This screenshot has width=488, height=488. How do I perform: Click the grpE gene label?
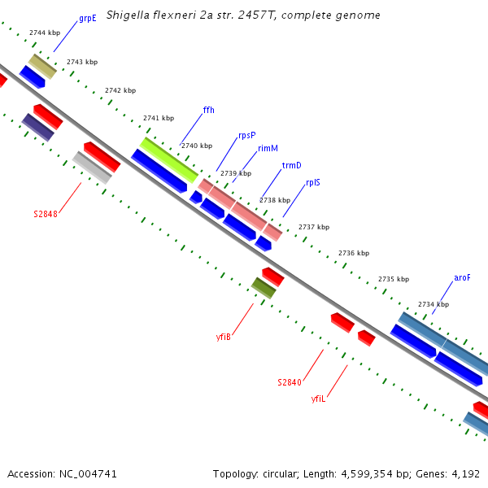click(87, 17)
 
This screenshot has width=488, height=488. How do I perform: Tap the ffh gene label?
click(208, 110)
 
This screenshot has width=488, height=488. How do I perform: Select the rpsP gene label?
click(246, 135)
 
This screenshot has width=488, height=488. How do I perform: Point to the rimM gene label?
click(268, 149)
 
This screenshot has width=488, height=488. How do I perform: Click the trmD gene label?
click(291, 165)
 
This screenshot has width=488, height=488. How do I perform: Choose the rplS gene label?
click(312, 183)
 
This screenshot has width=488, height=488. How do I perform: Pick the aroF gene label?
click(462, 277)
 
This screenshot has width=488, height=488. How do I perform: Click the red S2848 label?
click(46, 215)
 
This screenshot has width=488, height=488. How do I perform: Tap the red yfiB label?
click(224, 336)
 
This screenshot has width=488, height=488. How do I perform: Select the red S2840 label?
click(290, 382)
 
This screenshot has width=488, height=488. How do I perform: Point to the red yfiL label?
click(318, 399)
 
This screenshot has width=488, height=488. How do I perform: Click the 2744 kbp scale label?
click(44, 33)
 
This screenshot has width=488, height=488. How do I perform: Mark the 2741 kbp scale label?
click(159, 118)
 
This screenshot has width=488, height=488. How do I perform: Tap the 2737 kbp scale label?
click(314, 227)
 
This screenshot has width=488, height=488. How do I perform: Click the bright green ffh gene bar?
click(168, 159)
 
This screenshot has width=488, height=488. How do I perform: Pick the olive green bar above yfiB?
click(264, 287)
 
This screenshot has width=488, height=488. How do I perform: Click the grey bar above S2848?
click(92, 168)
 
